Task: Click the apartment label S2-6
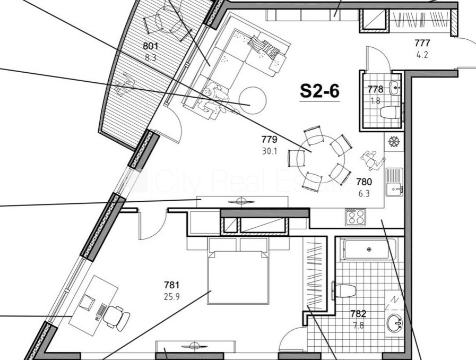[319, 91]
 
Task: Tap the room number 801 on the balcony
[151, 46]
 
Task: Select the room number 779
[270, 140]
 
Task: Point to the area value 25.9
[172, 296]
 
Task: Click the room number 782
[358, 313]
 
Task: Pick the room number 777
[422, 43]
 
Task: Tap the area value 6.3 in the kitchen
[364, 193]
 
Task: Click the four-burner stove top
[356, 217]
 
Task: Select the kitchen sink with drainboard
[394, 182]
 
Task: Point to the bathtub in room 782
[369, 250]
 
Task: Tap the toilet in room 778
[392, 112]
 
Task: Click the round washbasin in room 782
[395, 323]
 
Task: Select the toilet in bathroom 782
[344, 291]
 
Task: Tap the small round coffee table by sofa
[253, 100]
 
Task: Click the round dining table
[321, 159]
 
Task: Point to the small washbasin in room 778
[395, 87]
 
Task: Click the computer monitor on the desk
[87, 302]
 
